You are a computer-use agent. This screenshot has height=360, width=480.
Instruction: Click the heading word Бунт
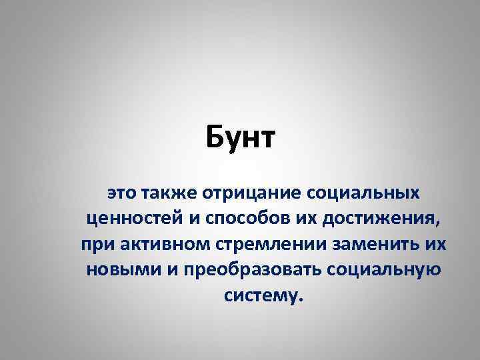[x=240, y=140]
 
